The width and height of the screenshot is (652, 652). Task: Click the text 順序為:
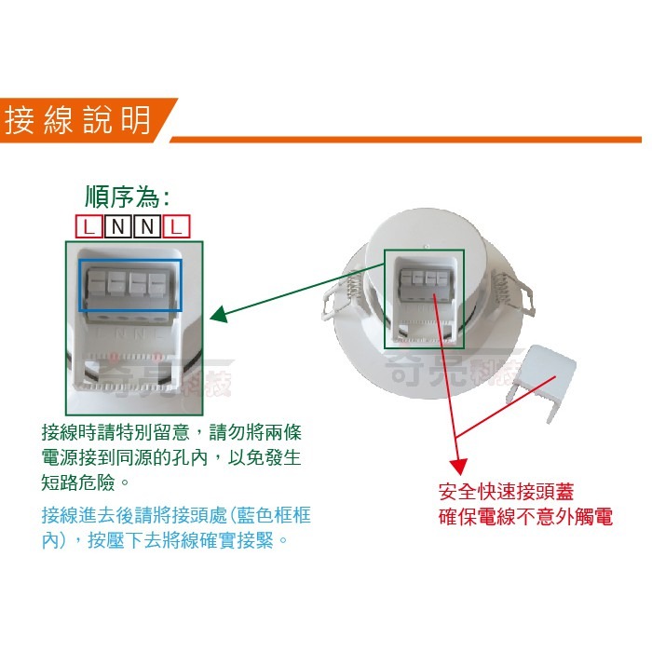pyautogui.click(x=127, y=197)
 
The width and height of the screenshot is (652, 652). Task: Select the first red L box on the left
pyautogui.click(x=88, y=225)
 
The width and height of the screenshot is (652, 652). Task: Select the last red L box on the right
pyautogui.click(x=178, y=225)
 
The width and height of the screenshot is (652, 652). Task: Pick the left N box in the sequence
pyautogui.click(x=117, y=225)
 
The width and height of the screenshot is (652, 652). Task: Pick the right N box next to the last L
pyautogui.click(x=148, y=225)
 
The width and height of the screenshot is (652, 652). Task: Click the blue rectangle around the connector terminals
pyautogui.click(x=129, y=284)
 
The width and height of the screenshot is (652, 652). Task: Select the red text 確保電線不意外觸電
pyautogui.click(x=525, y=517)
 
